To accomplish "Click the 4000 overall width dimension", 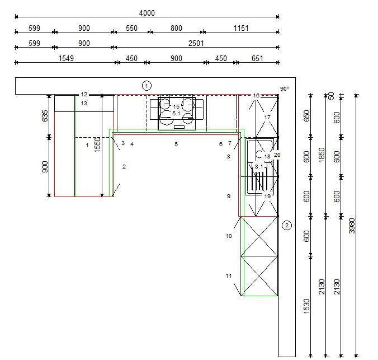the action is coord(147,13).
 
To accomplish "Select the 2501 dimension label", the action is coord(196,43).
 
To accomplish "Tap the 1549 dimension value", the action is coord(66,58).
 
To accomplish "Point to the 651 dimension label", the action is coord(257,58).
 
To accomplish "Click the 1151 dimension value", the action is coord(241,28).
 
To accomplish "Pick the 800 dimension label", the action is coord(176,28).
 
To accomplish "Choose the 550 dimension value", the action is coord(131,28).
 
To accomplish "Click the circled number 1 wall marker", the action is coord(147,86).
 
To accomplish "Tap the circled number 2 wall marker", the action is coord(287,226).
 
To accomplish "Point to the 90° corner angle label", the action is coord(285,88).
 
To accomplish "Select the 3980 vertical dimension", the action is coord(352,226).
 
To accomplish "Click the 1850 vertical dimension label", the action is coord(322,155).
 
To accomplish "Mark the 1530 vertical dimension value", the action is coord(306,306).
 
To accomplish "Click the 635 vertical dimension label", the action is coord(45,116).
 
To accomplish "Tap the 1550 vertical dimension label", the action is coord(97,144).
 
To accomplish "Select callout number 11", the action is coord(229,275).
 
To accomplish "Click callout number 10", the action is coord(229,236).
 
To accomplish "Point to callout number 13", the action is coord(84,104).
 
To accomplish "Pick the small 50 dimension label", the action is coord(332,96).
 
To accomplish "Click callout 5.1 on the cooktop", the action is coord(176,113).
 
